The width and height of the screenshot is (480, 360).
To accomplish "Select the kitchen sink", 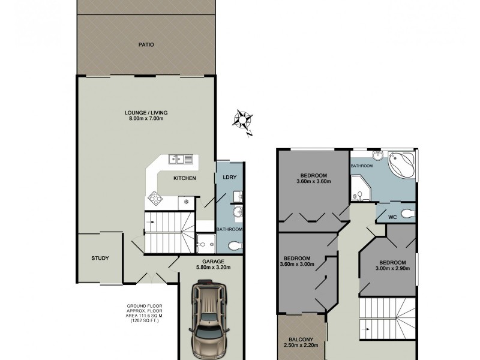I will point(180,159).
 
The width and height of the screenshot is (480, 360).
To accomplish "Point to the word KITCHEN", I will point(185,178).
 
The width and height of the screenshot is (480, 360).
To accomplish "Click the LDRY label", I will point(229,177).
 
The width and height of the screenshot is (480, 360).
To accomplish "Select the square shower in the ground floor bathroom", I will point(205,242).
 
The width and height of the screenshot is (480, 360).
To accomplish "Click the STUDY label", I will point(100,259).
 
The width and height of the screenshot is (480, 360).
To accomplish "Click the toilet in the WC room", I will point(407,212).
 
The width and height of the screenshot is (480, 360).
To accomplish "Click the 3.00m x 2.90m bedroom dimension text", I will point(393,270).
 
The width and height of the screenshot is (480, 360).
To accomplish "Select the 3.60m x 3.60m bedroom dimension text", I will point(314,182).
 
